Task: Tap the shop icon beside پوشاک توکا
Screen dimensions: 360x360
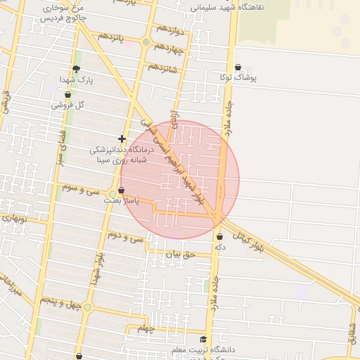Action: (x=238, y=67)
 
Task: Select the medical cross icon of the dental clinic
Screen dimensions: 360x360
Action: (x=122, y=139)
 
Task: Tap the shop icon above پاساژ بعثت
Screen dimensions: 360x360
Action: (x=122, y=191)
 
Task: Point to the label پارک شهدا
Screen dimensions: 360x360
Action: (x=76, y=79)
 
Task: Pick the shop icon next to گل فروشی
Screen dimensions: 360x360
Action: (x=67, y=94)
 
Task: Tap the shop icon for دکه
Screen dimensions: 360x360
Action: (x=221, y=237)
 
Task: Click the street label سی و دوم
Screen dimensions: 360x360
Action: (x=127, y=240)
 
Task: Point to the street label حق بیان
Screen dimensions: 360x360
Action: (x=177, y=254)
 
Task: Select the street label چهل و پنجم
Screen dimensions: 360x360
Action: (x=58, y=302)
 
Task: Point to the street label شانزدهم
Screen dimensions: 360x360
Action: (x=162, y=68)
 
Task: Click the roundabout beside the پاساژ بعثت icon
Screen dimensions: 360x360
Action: (x=112, y=193)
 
